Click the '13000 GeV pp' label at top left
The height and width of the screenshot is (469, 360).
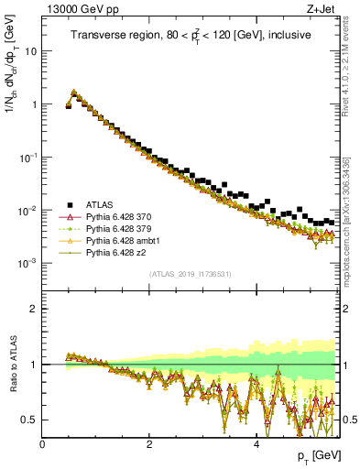[x=73, y=10]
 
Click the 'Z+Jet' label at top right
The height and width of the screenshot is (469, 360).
[x=322, y=10]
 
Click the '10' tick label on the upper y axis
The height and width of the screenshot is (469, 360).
[x=31, y=51]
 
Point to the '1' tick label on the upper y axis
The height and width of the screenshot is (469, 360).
[x=34, y=104]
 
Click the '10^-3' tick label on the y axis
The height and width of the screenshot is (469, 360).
[x=27, y=263]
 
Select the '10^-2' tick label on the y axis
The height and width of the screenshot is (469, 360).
[x=27, y=210]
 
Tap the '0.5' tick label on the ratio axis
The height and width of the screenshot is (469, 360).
[x=29, y=420]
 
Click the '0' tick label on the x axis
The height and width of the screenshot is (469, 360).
[x=42, y=443]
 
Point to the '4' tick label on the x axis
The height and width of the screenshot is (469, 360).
[x=256, y=443]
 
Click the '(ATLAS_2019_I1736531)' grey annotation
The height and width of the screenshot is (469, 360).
[x=190, y=275]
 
